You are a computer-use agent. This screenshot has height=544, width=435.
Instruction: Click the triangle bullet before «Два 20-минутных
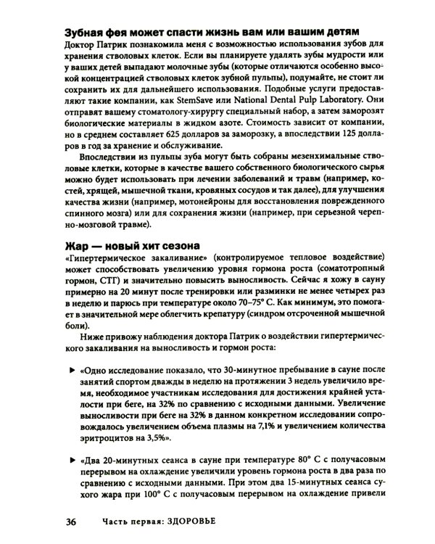[x=72, y=461]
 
